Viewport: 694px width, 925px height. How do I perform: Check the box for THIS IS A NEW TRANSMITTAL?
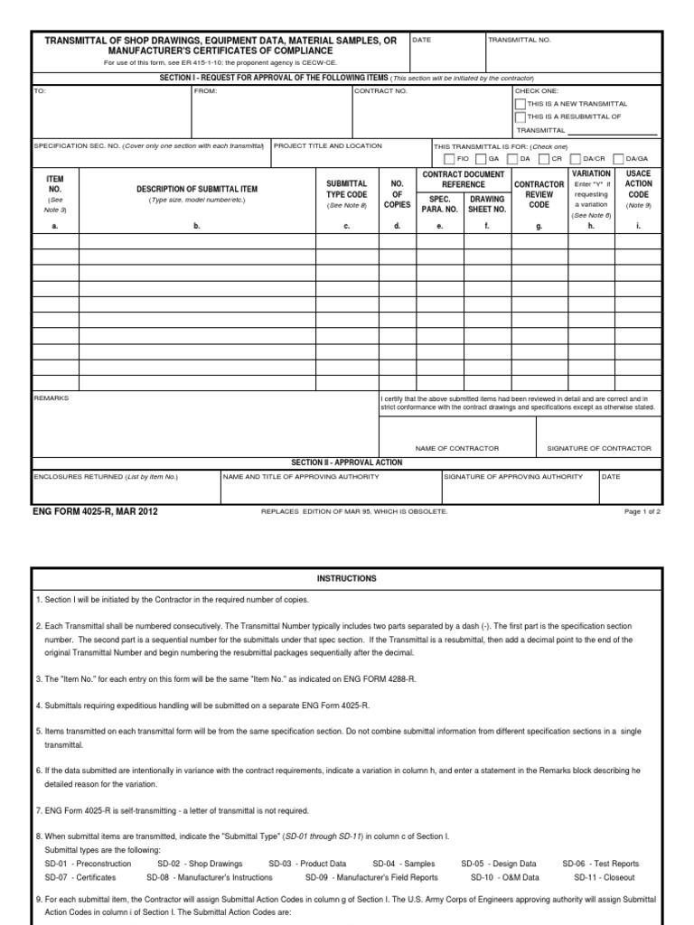coord(520,104)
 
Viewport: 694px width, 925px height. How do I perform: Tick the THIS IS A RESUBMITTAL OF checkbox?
coord(520,117)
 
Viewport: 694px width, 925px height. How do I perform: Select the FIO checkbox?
coord(449,158)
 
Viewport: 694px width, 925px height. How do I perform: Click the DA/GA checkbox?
coord(620,158)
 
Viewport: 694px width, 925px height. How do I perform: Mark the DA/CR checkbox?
coord(576,158)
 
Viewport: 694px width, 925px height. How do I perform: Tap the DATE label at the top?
coord(422,40)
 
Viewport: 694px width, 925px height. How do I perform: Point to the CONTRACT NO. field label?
coord(380,91)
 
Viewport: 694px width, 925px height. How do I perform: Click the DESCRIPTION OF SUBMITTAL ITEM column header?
coord(196,188)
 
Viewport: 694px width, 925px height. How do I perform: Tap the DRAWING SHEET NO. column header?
coord(486,204)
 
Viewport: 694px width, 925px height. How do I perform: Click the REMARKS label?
coord(50,397)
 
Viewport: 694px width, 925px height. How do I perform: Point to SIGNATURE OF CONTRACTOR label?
coord(599,448)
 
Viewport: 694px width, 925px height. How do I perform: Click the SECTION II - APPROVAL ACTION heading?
coord(346,462)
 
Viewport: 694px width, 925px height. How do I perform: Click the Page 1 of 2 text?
coord(642,511)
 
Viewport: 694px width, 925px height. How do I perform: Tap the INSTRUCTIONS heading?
coord(346,578)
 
